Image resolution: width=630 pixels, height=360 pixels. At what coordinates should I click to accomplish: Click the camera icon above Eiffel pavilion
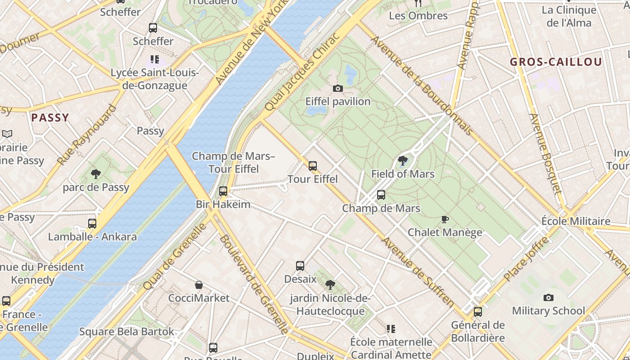tap(337, 89)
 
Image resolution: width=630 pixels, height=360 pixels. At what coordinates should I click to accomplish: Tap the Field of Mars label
tap(403, 174)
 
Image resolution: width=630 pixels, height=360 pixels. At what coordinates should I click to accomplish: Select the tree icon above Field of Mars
tap(403, 160)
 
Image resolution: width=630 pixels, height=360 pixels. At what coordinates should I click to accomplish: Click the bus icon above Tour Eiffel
tap(313, 166)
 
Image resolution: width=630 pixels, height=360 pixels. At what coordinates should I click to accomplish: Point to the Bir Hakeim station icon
tap(223, 191)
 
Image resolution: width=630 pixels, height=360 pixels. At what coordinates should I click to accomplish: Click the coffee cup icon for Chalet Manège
tap(445, 220)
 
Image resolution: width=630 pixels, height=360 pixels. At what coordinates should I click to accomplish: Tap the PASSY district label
tap(50, 118)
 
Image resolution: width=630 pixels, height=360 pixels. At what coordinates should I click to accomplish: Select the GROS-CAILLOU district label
tap(556, 62)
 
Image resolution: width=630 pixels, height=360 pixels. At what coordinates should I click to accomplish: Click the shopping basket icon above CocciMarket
tap(198, 285)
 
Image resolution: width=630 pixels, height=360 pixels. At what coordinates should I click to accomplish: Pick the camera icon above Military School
tap(548, 297)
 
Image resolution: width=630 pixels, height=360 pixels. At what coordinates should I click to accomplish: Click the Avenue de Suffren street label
tap(418, 272)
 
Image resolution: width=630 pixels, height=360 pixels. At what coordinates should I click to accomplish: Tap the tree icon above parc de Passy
tap(95, 174)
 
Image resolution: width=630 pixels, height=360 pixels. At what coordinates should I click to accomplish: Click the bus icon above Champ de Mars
tap(381, 195)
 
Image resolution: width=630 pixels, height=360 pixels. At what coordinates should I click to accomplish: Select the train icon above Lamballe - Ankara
tap(92, 223)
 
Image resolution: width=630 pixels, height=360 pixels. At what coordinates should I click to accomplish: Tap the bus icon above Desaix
tap(300, 266)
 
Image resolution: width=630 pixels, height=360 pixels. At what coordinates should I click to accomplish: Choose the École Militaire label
tap(576, 221)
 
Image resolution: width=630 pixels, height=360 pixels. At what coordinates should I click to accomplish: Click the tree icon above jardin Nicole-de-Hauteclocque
tap(330, 284)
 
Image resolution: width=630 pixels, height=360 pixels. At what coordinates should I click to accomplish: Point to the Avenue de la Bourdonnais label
tap(421, 85)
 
